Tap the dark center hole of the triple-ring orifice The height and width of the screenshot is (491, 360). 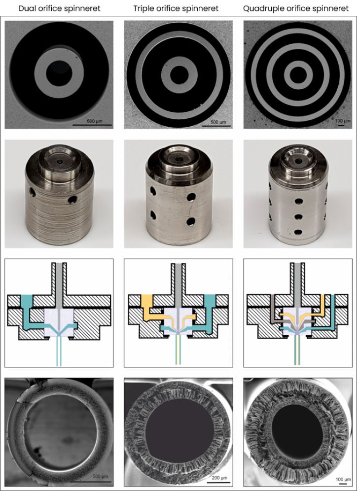tap(297, 74)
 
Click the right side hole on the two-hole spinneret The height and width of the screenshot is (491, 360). tap(73, 200)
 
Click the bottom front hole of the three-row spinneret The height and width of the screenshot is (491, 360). tap(297, 232)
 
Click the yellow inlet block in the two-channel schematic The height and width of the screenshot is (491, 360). tap(147, 301)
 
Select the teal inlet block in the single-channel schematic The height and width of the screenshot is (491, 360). tap(27, 301)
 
